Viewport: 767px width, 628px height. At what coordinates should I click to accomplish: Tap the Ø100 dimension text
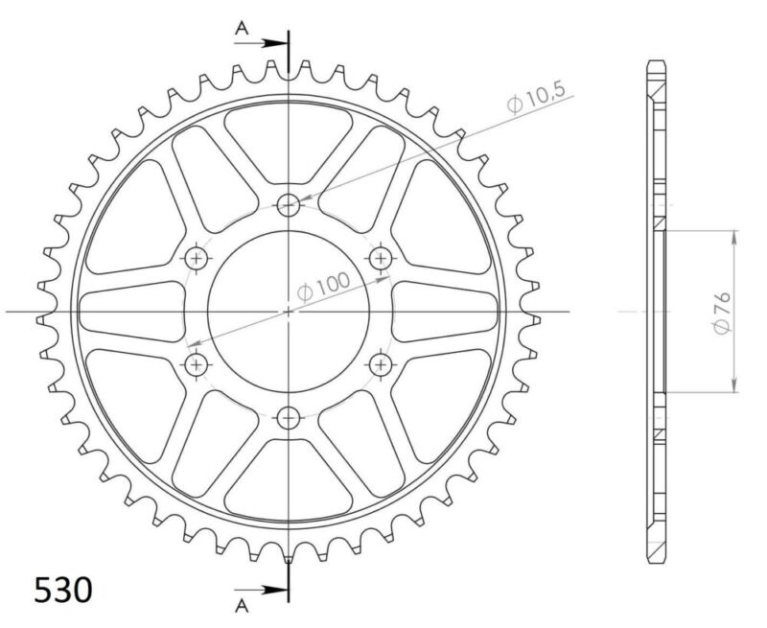point(324,285)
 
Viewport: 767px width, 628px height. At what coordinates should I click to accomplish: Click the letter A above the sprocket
point(243,31)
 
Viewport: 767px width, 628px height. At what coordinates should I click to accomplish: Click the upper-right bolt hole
point(382,257)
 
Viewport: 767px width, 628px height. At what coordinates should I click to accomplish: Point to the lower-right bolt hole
point(382,363)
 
